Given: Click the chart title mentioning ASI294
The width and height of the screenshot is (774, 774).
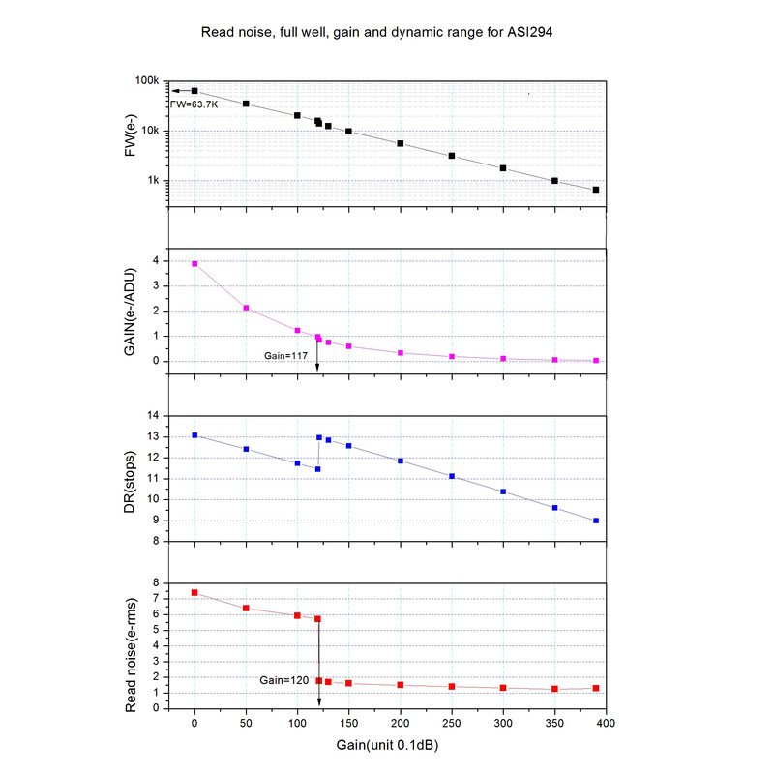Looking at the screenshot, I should (376, 32).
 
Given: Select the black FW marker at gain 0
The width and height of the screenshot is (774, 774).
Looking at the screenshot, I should (194, 91).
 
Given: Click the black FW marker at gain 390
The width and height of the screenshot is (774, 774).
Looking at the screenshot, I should (596, 190).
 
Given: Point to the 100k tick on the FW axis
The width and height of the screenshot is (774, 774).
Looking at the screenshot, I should (147, 81).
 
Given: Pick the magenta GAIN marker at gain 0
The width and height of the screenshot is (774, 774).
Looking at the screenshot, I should (194, 263).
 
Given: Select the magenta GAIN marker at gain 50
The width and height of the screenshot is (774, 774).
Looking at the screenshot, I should (246, 308).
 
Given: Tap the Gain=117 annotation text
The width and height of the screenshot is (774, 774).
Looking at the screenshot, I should (285, 356).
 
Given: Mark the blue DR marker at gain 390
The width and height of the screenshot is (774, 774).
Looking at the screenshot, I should (596, 521).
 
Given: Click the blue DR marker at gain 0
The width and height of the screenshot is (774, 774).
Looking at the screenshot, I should (194, 435).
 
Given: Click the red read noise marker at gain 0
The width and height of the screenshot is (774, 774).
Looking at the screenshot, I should (194, 592).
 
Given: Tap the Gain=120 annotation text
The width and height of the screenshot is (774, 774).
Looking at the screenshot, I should (283, 680).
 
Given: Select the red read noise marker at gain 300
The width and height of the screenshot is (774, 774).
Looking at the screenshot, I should (503, 688).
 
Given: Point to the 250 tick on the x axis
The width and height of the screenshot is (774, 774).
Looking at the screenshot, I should (451, 722).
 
